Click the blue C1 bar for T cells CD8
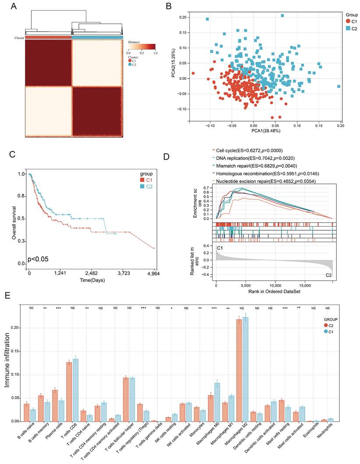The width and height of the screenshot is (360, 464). pos(75,390)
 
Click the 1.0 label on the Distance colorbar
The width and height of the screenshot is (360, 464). pos(155,52)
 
